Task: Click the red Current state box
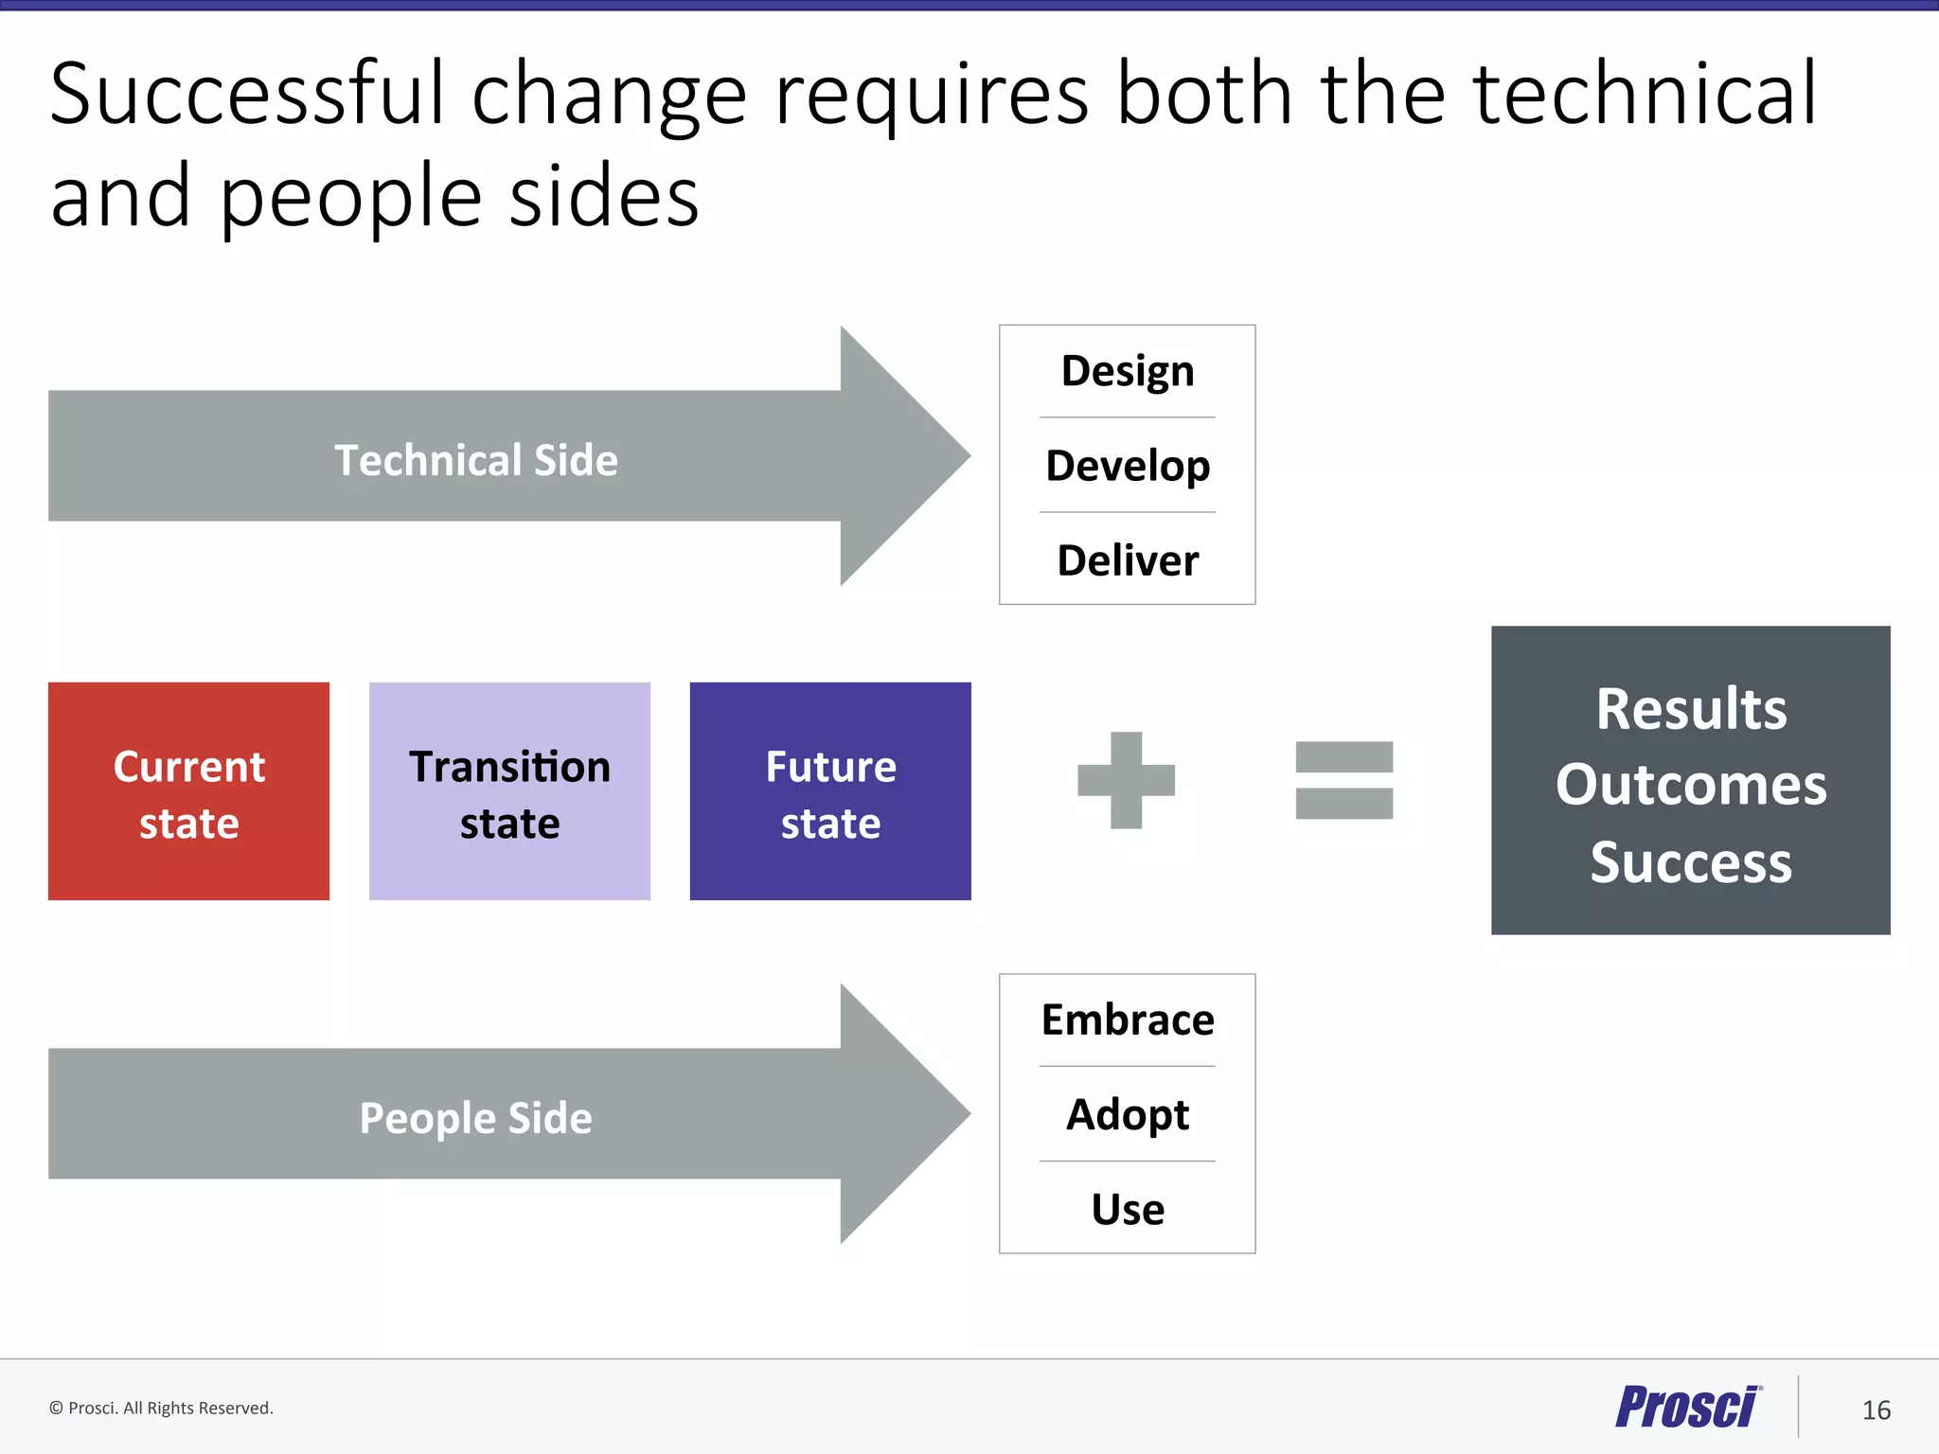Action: (x=188, y=791)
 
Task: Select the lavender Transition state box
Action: (x=509, y=791)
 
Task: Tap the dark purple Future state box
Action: (x=830, y=791)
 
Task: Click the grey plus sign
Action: (x=1126, y=780)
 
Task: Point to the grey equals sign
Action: (x=1343, y=780)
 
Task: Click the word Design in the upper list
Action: (x=1127, y=371)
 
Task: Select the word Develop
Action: (x=1127, y=466)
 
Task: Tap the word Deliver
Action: (x=1127, y=560)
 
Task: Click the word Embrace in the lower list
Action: (x=1127, y=1020)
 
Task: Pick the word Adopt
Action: (x=1127, y=1115)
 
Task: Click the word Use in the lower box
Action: (x=1127, y=1210)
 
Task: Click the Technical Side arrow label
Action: (x=476, y=460)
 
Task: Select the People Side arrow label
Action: (x=476, y=1118)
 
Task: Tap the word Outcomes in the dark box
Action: (x=1691, y=785)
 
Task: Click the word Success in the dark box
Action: (x=1691, y=862)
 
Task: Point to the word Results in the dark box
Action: (x=1691, y=708)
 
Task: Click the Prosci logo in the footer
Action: (x=1687, y=1408)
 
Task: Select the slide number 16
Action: (x=1876, y=1410)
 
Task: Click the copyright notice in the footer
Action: (x=161, y=1408)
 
